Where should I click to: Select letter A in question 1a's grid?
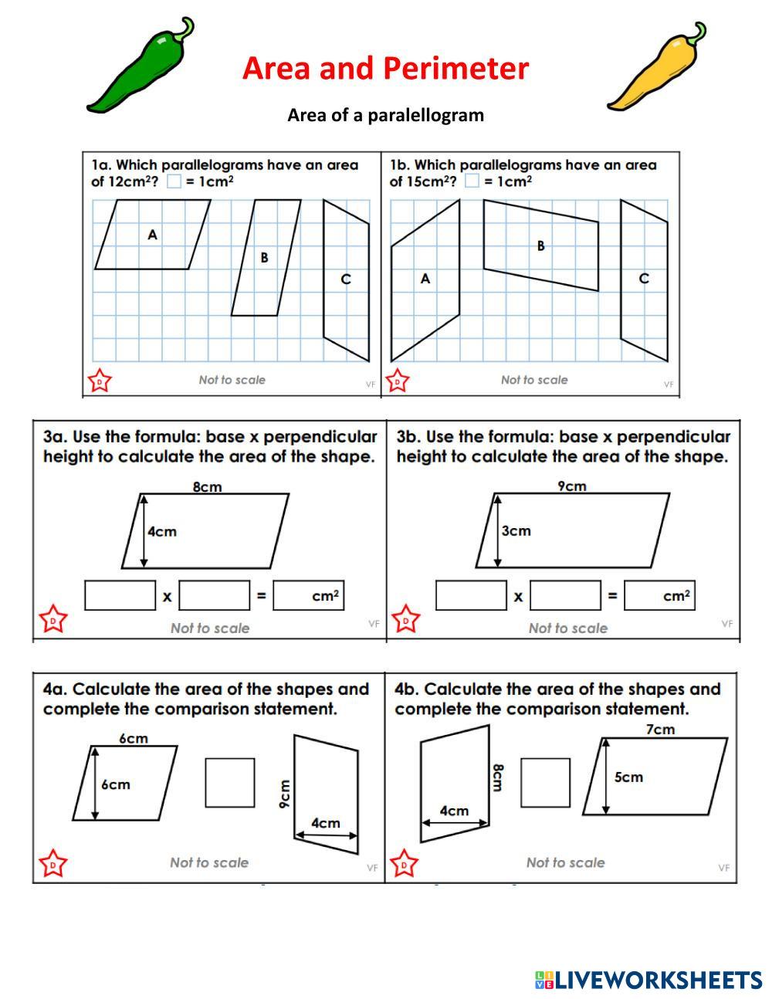click(152, 234)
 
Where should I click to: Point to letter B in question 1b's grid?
click(540, 246)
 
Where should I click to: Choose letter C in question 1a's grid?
click(346, 279)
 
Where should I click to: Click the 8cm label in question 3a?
click(207, 486)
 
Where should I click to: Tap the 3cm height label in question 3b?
click(516, 530)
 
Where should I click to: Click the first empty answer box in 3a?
click(120, 595)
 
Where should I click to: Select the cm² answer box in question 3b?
click(659, 595)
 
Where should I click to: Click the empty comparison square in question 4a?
click(229, 782)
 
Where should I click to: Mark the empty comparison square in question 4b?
click(545, 782)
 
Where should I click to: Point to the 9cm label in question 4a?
click(284, 794)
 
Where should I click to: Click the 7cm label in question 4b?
click(660, 729)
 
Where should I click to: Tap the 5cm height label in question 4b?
click(628, 777)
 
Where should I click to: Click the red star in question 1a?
click(100, 381)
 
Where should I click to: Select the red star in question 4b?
click(405, 864)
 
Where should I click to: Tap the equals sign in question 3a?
click(261, 596)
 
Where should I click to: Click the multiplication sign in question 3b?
click(518, 597)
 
